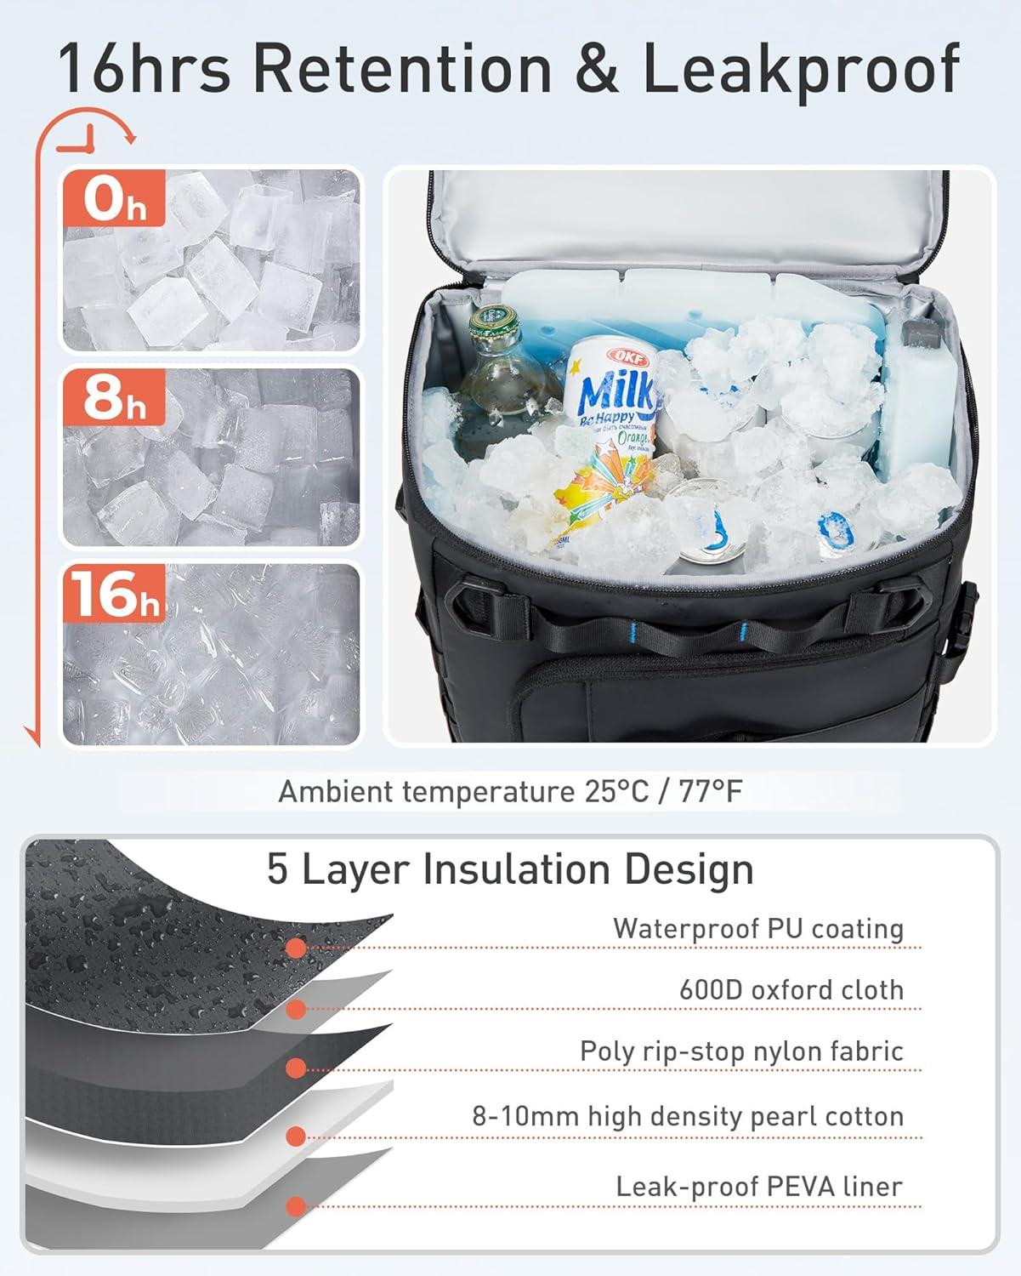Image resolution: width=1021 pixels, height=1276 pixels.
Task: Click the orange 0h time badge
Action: click(x=112, y=201)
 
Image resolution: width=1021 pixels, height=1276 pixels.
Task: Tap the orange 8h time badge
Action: click(x=112, y=397)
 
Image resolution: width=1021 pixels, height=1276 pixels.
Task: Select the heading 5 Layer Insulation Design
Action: click(x=510, y=869)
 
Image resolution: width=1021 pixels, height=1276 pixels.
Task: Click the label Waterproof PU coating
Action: click(x=757, y=928)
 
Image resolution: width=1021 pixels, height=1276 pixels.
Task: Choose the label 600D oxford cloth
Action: click(x=791, y=989)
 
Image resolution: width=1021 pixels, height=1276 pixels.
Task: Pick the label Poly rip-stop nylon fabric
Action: click(x=740, y=1051)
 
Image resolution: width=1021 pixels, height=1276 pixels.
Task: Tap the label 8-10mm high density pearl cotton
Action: click(x=688, y=1116)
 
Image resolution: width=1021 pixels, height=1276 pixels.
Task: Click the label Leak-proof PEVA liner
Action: click(x=758, y=1186)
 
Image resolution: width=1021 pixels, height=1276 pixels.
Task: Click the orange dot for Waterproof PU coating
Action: click(x=296, y=947)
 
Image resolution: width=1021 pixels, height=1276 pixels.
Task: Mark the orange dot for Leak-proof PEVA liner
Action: click(x=296, y=1206)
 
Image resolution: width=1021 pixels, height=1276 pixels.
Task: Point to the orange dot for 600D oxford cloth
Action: click(x=296, y=1010)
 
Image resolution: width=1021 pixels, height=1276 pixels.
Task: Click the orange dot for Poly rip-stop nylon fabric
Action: click(x=296, y=1069)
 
